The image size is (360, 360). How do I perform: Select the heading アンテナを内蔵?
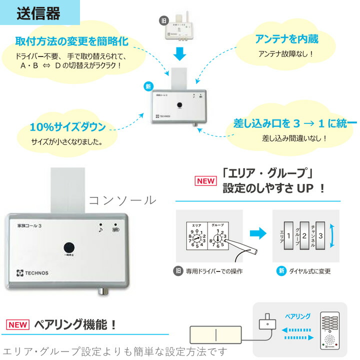pyautogui.click(x=286, y=39)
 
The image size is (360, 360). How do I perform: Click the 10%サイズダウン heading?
pyautogui.click(x=67, y=126)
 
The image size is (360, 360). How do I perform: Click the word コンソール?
pyautogui.click(x=122, y=200)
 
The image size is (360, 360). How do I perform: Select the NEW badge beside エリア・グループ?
pyautogui.click(x=205, y=180)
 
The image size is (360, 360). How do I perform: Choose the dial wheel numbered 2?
pyautogui.click(x=304, y=235)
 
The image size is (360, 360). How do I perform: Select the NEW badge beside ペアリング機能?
pyautogui.click(x=17, y=325)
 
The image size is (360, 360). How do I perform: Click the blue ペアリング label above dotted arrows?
pyautogui.click(x=297, y=316)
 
